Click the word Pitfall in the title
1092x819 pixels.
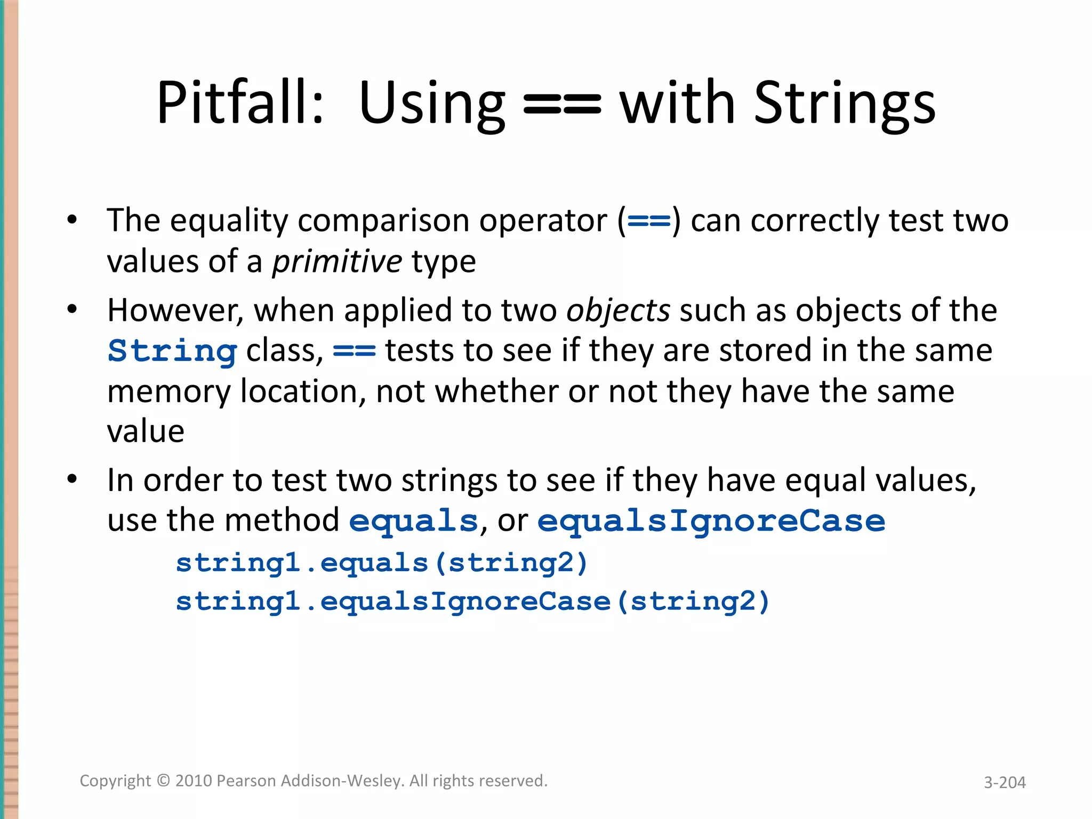coord(240,102)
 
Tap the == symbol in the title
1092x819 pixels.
coord(562,105)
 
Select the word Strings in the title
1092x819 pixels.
coord(845,105)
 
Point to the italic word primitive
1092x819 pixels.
coord(337,262)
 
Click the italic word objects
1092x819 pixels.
coord(618,311)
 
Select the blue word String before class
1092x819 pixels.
coord(172,351)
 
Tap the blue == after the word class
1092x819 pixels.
coord(354,351)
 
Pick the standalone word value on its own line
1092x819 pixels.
coord(146,431)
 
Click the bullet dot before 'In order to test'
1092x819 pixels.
coord(73,479)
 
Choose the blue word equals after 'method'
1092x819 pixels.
coord(413,521)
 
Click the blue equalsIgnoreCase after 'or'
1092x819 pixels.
coord(711,521)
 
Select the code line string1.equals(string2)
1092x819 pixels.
coord(382,563)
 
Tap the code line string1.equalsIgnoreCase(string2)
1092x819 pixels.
coord(472,601)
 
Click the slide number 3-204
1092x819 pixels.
coord(1005,782)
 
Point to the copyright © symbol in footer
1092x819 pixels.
coord(163,781)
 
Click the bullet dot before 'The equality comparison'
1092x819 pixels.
coord(73,220)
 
